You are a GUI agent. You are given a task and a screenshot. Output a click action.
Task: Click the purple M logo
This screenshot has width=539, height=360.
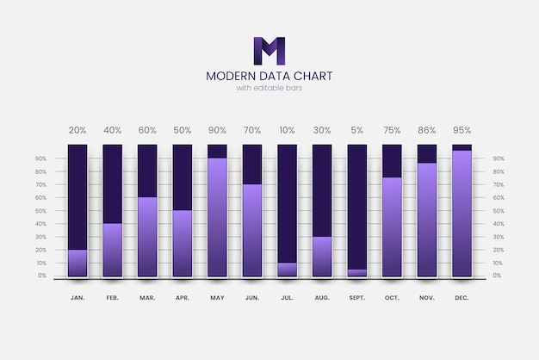(x=269, y=51)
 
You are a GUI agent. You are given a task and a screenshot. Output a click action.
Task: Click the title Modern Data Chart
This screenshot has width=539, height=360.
(x=269, y=76)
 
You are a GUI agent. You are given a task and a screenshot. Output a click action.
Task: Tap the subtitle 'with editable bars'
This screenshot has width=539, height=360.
(x=269, y=88)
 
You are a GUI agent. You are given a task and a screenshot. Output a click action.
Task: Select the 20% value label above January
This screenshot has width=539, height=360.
(x=77, y=130)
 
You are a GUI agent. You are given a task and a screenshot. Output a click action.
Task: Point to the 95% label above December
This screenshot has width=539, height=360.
(x=462, y=130)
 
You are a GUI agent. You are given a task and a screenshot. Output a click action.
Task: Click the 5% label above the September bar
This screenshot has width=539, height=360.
(x=356, y=130)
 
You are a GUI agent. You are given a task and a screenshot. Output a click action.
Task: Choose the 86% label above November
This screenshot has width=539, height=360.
(x=427, y=130)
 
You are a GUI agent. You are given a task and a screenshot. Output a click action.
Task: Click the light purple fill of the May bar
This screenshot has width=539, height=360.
(x=217, y=216)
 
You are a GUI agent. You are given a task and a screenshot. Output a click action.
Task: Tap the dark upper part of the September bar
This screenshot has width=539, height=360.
(x=356, y=207)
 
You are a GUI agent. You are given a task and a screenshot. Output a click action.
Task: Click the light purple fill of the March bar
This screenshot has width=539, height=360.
(x=147, y=236)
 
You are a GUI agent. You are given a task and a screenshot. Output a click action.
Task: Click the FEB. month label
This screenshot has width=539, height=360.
(x=113, y=297)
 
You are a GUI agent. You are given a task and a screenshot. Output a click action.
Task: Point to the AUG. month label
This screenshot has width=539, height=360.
(x=322, y=297)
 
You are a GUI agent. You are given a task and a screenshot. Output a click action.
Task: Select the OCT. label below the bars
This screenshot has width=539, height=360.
(x=392, y=297)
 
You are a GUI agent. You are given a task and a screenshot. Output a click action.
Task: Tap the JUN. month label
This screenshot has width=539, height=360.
(x=252, y=297)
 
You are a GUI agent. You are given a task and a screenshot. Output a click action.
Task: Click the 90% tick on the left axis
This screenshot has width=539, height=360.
(x=40, y=158)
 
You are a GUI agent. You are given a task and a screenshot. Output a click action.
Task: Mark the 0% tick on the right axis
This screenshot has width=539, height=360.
(x=499, y=276)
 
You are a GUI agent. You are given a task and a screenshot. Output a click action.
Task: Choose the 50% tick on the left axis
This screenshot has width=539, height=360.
(x=40, y=210)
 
